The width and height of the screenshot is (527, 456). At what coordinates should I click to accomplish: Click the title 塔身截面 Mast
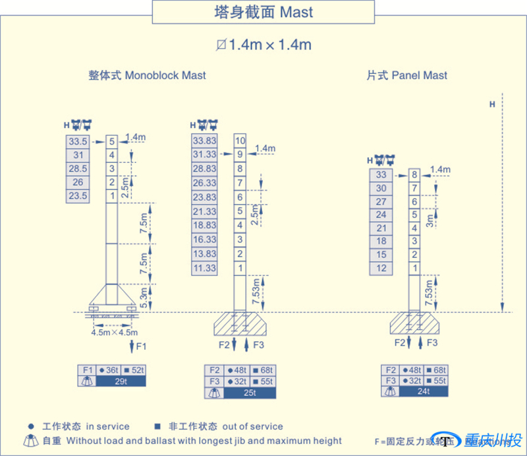[x=263, y=12]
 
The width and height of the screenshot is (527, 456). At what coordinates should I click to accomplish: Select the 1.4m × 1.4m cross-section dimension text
[x=263, y=45]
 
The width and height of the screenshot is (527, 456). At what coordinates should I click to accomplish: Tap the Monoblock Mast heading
[x=147, y=75]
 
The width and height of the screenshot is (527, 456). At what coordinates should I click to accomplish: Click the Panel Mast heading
[x=406, y=75]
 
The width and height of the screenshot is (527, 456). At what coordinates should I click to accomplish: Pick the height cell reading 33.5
[x=78, y=141]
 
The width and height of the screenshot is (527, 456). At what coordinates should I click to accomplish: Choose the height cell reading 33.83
[x=204, y=141]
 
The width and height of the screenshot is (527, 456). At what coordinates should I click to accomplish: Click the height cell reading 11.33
[x=204, y=269]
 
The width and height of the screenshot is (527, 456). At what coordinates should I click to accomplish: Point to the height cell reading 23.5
[x=78, y=196]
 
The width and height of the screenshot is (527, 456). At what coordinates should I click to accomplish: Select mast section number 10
[x=240, y=141]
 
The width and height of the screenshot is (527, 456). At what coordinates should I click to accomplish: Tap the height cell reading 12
[x=381, y=269]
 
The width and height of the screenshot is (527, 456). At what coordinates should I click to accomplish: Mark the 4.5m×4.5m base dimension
[x=113, y=333]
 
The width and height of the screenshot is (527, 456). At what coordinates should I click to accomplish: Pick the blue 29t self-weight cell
[x=121, y=381]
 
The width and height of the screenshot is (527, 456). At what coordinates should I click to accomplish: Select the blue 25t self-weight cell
[x=250, y=393]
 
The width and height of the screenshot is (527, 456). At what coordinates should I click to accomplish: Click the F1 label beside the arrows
[x=141, y=346]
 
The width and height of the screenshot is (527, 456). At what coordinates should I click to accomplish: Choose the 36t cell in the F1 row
[x=108, y=370]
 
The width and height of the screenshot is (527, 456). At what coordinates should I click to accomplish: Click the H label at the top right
[x=492, y=104]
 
